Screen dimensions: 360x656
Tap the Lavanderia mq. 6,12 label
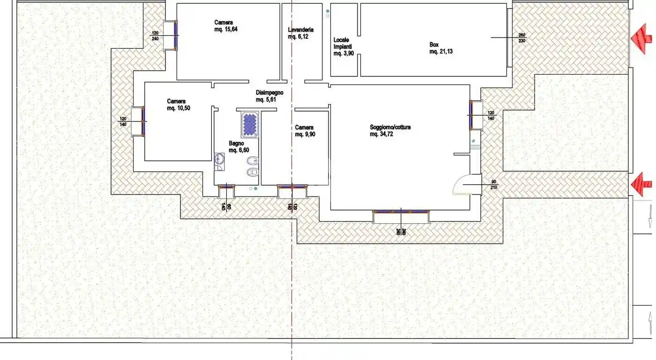coord(300,33)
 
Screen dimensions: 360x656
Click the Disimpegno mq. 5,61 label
coord(269,96)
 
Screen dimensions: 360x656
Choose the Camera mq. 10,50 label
coord(178,105)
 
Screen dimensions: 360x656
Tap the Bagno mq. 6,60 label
coord(239,147)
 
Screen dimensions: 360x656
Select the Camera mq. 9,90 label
coord(304,131)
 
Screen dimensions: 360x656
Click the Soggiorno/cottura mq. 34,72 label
coord(390,130)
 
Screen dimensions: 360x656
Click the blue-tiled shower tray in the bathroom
coord(250,125)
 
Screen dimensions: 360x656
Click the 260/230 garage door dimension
coord(522,38)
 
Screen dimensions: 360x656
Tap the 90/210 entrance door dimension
coord(493,185)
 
